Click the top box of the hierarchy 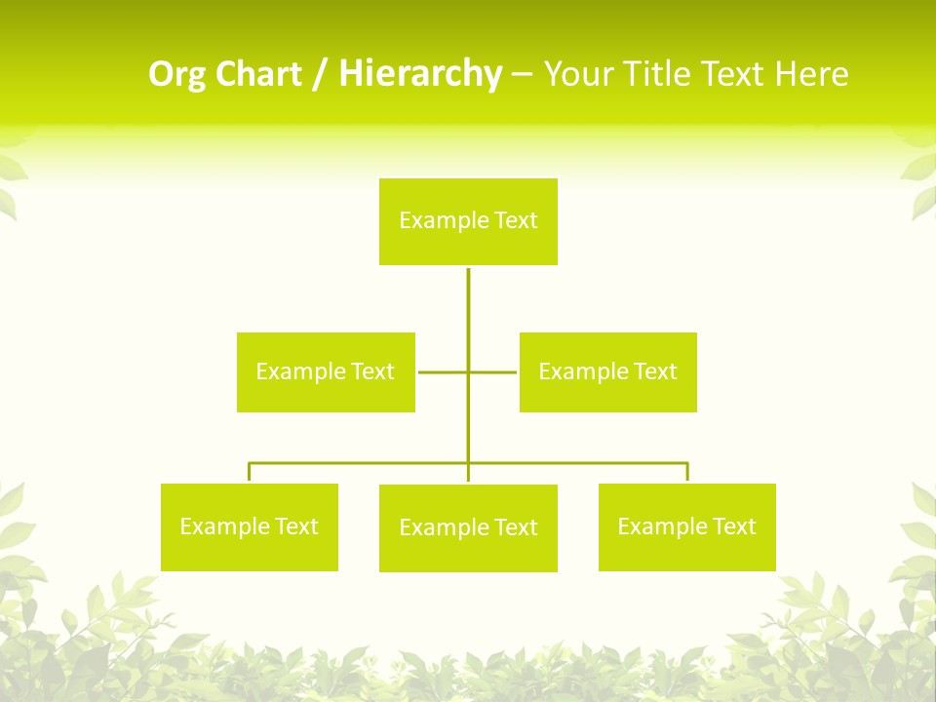pyautogui.click(x=468, y=221)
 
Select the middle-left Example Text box pyautogui.click(x=326, y=371)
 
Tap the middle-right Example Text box pyautogui.click(x=607, y=371)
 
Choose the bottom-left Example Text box pyautogui.click(x=249, y=526)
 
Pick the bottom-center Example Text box pyautogui.click(x=468, y=527)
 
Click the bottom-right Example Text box pyautogui.click(x=686, y=526)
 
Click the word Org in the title pyautogui.click(x=175, y=74)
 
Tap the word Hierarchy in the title pyautogui.click(x=420, y=74)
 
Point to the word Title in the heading pyautogui.click(x=658, y=74)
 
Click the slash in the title pyautogui.click(x=320, y=74)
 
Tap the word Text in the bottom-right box pyautogui.click(x=733, y=526)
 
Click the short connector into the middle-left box pyautogui.click(x=442, y=371)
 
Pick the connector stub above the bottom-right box pyautogui.click(x=687, y=472)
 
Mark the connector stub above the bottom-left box pyautogui.click(x=250, y=472)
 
